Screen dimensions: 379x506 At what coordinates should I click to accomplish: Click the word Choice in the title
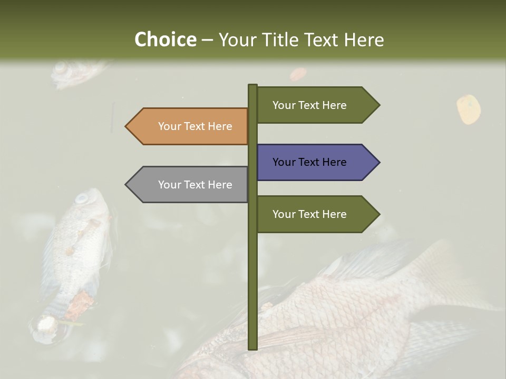165,40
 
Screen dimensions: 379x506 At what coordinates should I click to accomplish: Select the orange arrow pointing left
190,126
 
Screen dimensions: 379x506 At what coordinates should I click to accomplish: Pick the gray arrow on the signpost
190,185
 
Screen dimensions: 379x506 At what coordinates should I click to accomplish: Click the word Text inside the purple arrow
309,162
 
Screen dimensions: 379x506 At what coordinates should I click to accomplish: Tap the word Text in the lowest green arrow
309,214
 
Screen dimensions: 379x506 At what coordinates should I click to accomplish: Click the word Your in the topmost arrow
284,105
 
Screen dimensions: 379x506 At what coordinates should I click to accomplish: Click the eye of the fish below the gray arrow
82,198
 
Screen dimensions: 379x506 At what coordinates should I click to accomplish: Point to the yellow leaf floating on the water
468,109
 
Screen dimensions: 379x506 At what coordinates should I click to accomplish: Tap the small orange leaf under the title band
298,74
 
